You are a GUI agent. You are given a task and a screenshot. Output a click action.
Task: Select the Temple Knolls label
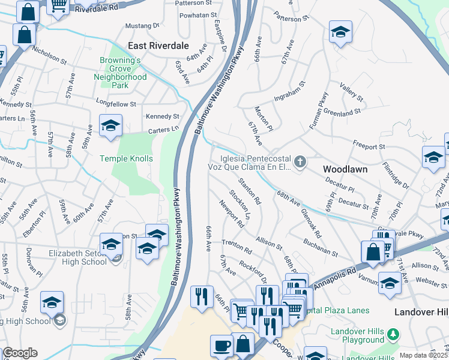point(126,159)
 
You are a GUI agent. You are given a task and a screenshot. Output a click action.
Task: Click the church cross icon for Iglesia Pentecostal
point(300,161)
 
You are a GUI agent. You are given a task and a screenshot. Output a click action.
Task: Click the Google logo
point(20,353)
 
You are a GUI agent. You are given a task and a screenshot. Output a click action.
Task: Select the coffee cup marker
point(221,347)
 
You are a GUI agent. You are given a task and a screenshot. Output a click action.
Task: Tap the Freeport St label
point(369,146)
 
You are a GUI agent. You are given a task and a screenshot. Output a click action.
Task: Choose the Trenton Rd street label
point(237,246)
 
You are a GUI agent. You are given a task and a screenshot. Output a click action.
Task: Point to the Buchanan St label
point(320,247)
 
